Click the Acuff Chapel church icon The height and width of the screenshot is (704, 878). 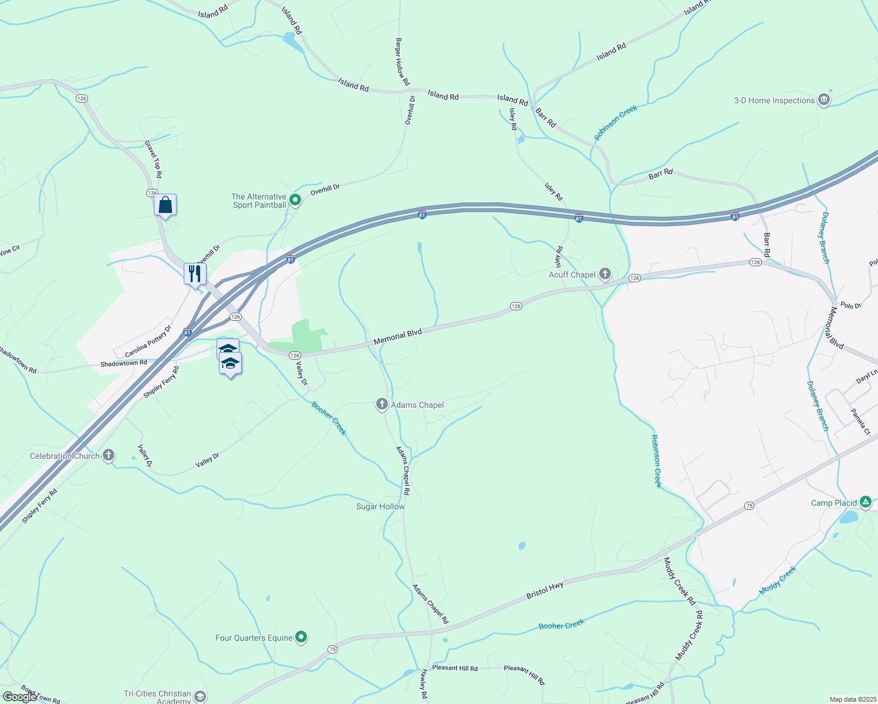click(x=605, y=274)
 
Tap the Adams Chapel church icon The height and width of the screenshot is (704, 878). click(x=381, y=404)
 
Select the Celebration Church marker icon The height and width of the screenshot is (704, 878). click(x=108, y=455)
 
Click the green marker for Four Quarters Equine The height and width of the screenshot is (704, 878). click(x=301, y=637)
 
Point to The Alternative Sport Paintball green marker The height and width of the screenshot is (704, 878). click(x=295, y=200)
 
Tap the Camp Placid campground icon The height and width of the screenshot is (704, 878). click(x=865, y=502)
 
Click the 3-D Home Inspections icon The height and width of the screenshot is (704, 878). click(x=823, y=100)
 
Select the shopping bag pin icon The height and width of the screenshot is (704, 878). click(x=165, y=205)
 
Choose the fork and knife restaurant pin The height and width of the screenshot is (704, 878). click(x=195, y=274)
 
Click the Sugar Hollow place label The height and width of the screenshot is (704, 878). click(x=380, y=506)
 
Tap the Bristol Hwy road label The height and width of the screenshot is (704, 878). click(x=545, y=590)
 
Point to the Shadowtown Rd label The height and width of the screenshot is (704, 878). click(x=123, y=364)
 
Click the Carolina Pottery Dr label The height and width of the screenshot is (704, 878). click(x=148, y=342)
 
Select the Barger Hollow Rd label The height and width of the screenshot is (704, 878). click(x=402, y=62)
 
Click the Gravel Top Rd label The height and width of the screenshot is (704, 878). click(x=154, y=159)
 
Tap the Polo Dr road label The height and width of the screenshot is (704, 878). click(x=850, y=306)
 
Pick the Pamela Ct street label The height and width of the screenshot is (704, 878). click(x=860, y=422)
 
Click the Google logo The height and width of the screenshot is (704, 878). click(x=19, y=696)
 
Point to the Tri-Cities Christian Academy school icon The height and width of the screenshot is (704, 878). click(x=200, y=696)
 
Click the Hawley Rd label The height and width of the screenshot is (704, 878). click(x=423, y=684)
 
